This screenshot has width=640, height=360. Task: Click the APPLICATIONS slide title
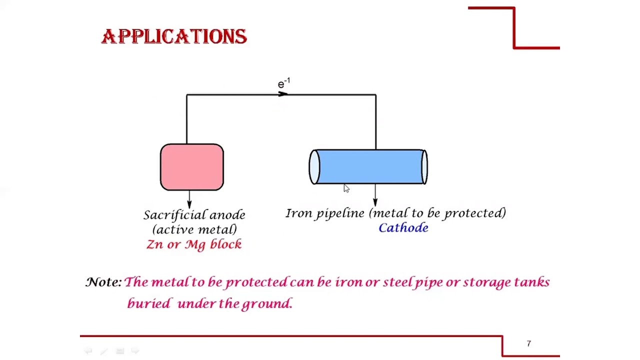pyautogui.click(x=174, y=36)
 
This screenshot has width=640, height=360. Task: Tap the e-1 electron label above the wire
pyautogui.click(x=283, y=83)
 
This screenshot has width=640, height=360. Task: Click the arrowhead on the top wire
pyautogui.click(x=283, y=94)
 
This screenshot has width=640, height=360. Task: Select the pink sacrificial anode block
pyautogui.click(x=192, y=167)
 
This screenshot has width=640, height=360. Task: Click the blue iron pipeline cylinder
pyautogui.click(x=368, y=167)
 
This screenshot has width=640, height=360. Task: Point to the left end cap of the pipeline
pyautogui.click(x=314, y=167)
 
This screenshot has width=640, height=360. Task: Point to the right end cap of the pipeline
pyautogui.click(x=424, y=167)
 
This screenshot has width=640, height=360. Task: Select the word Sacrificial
pyautogui.click(x=174, y=215)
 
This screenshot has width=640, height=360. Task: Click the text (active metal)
pyautogui.click(x=194, y=229)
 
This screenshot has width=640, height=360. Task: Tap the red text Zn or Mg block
pyautogui.click(x=194, y=244)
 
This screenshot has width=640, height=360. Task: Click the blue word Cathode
pyautogui.click(x=403, y=228)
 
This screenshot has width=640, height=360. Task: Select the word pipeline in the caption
pyautogui.click(x=340, y=213)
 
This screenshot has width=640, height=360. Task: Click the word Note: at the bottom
pyautogui.click(x=103, y=282)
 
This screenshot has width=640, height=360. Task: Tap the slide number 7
pyautogui.click(x=528, y=343)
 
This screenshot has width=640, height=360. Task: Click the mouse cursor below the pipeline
pyautogui.click(x=346, y=188)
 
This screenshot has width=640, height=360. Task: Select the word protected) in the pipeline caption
pyautogui.click(x=475, y=213)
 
